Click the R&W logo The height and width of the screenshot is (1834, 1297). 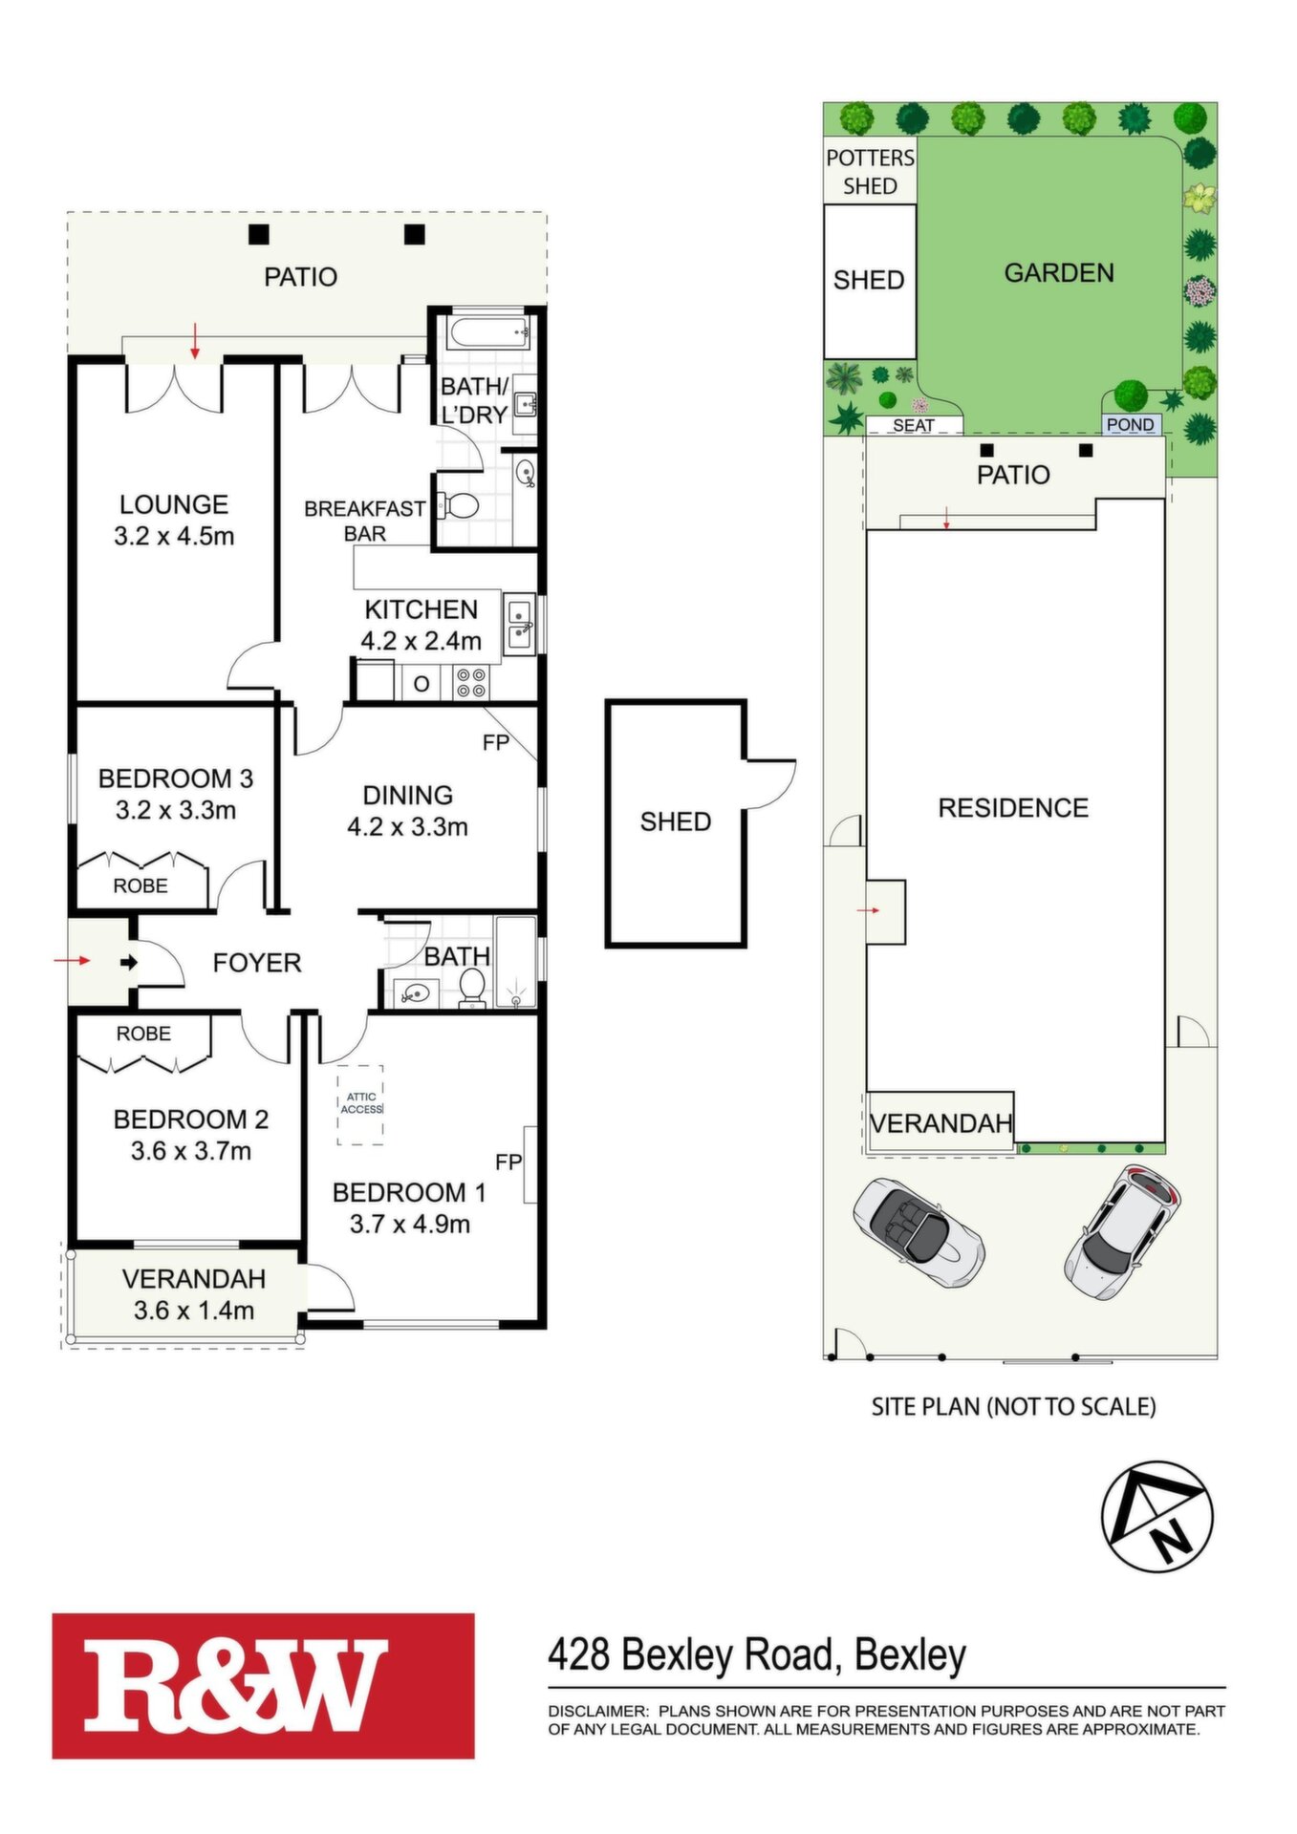263,1685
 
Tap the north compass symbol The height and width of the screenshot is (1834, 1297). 1156,1516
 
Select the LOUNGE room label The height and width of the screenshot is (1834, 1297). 174,504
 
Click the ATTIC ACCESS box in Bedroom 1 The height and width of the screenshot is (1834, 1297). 360,1104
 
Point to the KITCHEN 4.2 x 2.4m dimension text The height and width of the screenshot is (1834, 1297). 421,641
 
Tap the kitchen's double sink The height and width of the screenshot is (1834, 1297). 520,624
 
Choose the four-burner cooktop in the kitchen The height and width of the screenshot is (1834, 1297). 470,682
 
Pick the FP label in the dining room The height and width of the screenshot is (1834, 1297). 495,742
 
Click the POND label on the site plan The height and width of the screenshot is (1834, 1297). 1131,424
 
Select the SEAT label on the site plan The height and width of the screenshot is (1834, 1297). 914,425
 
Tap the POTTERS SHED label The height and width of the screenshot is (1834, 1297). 870,172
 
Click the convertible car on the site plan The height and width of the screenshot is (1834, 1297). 918,1232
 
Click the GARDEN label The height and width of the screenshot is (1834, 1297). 1059,273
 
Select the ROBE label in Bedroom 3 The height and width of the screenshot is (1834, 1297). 141,885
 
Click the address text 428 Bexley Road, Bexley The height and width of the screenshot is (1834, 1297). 757,1654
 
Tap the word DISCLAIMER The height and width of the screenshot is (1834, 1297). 597,1711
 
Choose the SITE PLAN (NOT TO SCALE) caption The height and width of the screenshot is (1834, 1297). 1013,1406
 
